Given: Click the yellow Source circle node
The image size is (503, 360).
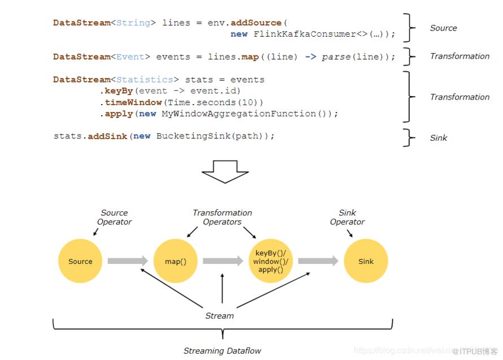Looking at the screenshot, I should pos(80,261).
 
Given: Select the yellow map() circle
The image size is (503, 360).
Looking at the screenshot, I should pos(176,261).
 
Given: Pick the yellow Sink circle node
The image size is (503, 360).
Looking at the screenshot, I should pos(366,261).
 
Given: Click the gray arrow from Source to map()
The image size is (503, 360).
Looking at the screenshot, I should pos(128,261).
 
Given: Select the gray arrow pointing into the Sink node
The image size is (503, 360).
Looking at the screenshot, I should pos(318,261).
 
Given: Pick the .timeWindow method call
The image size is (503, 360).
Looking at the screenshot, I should pos(132,102).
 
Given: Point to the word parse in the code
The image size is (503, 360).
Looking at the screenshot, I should pos(336,57).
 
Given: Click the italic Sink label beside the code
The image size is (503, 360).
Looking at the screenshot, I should pos(439,138).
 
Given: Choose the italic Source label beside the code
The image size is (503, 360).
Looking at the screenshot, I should pos(443,28).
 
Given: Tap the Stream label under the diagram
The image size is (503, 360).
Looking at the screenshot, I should pos(219,316).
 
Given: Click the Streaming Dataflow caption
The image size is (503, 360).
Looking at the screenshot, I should pos(222,351).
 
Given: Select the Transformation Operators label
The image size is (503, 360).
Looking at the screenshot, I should pos(222,218).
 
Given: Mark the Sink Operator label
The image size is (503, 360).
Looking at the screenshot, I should pos(348,218).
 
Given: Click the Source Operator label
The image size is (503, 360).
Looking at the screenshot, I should pos(114,218).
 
